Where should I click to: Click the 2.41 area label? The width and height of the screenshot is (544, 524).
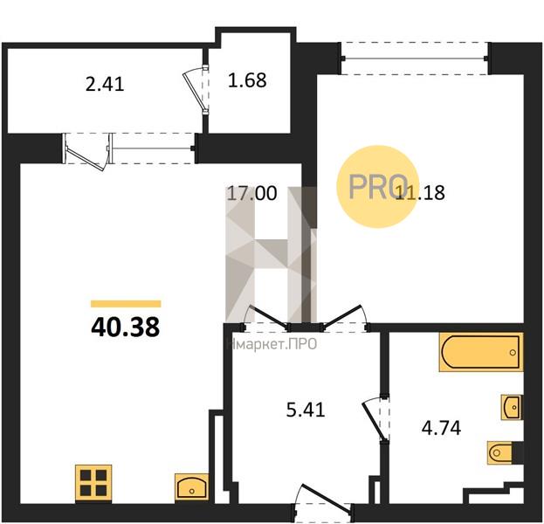tap(105, 85)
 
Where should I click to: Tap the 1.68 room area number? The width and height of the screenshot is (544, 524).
tap(247, 79)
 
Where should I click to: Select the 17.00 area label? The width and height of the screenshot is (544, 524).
tap(251, 193)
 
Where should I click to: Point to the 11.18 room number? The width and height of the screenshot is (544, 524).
tap(420, 193)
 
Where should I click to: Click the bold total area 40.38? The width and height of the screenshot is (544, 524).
tap(125, 327)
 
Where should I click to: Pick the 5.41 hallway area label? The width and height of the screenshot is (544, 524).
tap(306, 410)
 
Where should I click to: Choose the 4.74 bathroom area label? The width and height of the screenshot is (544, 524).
tap(441, 428)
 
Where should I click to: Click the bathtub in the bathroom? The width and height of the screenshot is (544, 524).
tap(481, 352)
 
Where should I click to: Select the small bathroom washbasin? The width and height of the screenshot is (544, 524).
tap(512, 407)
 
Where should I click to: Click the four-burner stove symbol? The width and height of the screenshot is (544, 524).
tap(93, 483)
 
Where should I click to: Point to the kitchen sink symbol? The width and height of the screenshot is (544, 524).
tap(192, 486)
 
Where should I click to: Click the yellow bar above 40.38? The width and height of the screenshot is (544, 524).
tap(126, 304)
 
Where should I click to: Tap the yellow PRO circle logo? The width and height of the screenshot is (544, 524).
tap(376, 187)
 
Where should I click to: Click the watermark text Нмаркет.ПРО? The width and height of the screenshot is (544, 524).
tap(272, 345)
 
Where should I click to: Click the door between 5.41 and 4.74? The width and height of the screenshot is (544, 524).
tap(376, 420)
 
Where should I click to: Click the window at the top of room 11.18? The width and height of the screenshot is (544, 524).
tap(416, 59)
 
